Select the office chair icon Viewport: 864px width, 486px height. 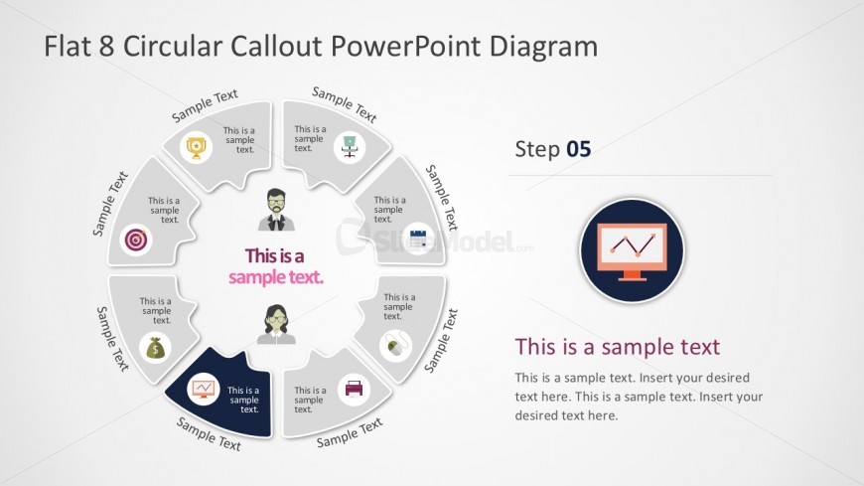[349, 144]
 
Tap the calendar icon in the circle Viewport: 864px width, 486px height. [418, 239]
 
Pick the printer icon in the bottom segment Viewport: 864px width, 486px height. [354, 388]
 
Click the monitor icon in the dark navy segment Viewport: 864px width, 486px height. [203, 388]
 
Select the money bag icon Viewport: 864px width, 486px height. [156, 348]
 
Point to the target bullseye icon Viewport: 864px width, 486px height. [135, 240]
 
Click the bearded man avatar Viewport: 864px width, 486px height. [276, 209]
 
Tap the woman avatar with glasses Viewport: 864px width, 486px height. [276, 325]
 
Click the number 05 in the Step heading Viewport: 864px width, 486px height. [578, 150]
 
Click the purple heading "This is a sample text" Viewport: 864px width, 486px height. [617, 347]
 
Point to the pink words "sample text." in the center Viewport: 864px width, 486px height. [276, 277]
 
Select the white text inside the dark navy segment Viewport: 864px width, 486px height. [243, 400]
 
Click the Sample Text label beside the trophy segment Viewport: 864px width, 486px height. [205, 106]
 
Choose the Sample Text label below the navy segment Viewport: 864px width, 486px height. [209, 434]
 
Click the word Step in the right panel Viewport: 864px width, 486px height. [536, 150]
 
